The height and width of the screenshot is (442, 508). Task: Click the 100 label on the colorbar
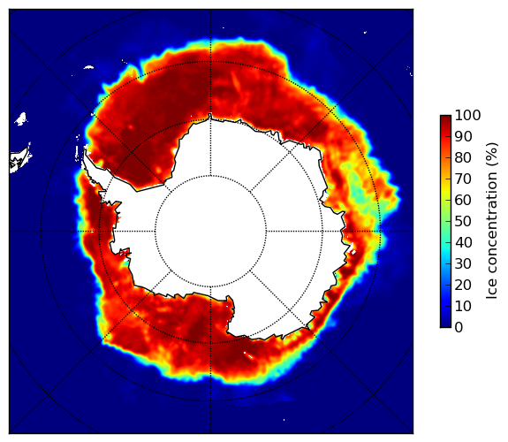coord(467,115)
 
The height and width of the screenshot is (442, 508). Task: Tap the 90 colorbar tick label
coord(463,136)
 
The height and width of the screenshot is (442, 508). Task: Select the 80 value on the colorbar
coord(463,157)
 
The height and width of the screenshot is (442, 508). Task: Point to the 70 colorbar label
coord(463,179)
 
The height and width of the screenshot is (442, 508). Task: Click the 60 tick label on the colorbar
coord(463,200)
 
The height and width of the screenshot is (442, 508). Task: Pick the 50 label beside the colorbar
coord(463,221)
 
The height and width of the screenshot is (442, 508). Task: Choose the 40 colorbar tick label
coord(463,242)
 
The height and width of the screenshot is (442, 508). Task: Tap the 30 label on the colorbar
coord(463,263)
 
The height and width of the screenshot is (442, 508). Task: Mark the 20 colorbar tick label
coord(463,285)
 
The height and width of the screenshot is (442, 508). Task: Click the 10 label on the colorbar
coord(463,306)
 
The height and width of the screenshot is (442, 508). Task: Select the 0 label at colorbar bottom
coord(459,327)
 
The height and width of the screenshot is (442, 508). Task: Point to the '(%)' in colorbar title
coord(491,155)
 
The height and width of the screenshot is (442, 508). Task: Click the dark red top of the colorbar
coord(445,118)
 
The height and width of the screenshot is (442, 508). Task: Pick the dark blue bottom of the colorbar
coord(445,324)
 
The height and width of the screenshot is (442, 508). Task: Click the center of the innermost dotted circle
coord(210,232)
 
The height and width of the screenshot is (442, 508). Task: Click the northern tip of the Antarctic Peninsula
coord(85,151)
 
